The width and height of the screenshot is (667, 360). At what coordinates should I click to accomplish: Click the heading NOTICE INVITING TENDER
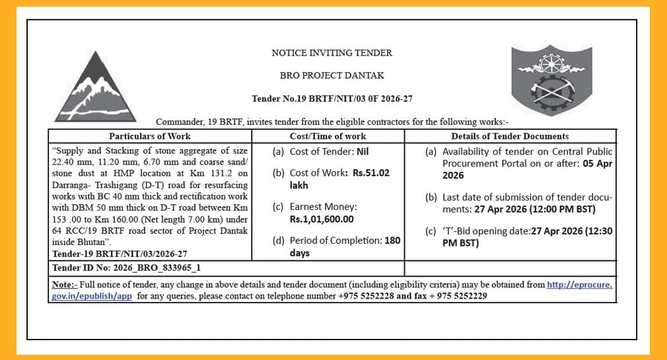[x=332, y=53]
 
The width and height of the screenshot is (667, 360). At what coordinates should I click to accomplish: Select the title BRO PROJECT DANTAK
[x=332, y=75]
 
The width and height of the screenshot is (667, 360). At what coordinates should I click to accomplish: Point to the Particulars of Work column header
[x=150, y=136]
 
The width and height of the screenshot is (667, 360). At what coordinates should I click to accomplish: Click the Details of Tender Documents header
[x=509, y=136]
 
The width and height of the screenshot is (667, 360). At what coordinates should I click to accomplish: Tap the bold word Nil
[x=362, y=151]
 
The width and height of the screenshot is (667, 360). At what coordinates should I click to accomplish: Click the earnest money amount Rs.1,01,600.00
[x=322, y=219]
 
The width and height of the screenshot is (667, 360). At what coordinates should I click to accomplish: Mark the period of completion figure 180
[x=392, y=240]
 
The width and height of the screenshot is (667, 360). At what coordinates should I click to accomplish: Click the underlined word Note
[x=63, y=285]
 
